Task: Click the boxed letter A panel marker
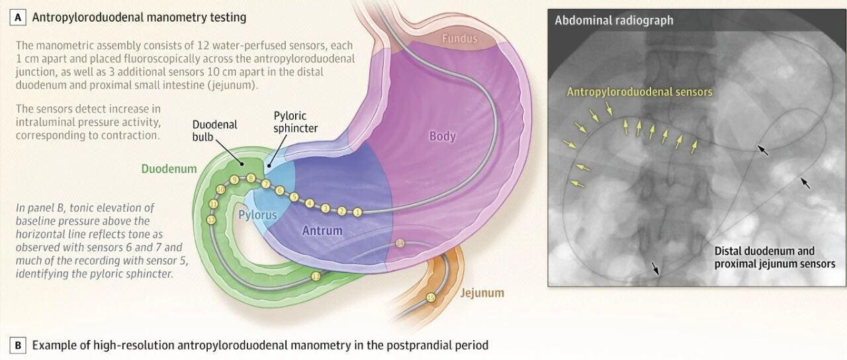pos(17,18)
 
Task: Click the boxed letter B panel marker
pos(17,345)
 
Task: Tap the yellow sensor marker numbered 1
pos(357,212)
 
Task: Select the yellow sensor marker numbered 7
pos(266,184)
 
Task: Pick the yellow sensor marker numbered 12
pos(211,220)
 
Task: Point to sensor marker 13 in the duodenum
pos(316,277)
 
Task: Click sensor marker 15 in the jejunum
pos(431,298)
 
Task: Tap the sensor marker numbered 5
pos(294,197)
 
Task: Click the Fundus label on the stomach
pos(459,38)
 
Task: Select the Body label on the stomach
pos(443,136)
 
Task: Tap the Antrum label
pos(322,230)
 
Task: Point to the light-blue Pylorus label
pos(257,216)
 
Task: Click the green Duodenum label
pos(169,169)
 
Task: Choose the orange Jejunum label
pos(482,292)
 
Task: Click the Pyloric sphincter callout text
pos(295,122)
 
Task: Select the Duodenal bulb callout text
pos(214,130)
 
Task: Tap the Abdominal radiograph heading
pos(613,20)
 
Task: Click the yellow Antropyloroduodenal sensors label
pos(639,92)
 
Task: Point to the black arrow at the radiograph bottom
pos(655,268)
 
